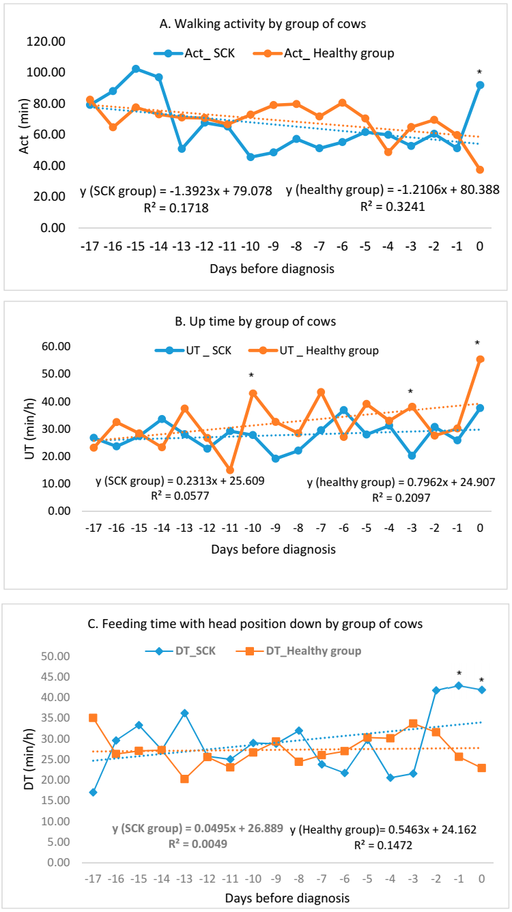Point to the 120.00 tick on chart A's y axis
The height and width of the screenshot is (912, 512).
coord(45,42)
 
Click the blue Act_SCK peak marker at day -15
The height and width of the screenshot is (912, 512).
coord(136,69)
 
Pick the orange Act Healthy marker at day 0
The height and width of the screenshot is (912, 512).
coord(480,169)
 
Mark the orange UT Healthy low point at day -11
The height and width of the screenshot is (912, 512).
coord(230,470)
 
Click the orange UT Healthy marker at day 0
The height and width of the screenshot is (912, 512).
coord(480,359)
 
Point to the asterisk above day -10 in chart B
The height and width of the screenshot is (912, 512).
coord(252,376)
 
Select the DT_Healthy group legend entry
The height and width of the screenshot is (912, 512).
coord(309,651)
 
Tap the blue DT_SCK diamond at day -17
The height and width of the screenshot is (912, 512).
coord(93,792)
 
